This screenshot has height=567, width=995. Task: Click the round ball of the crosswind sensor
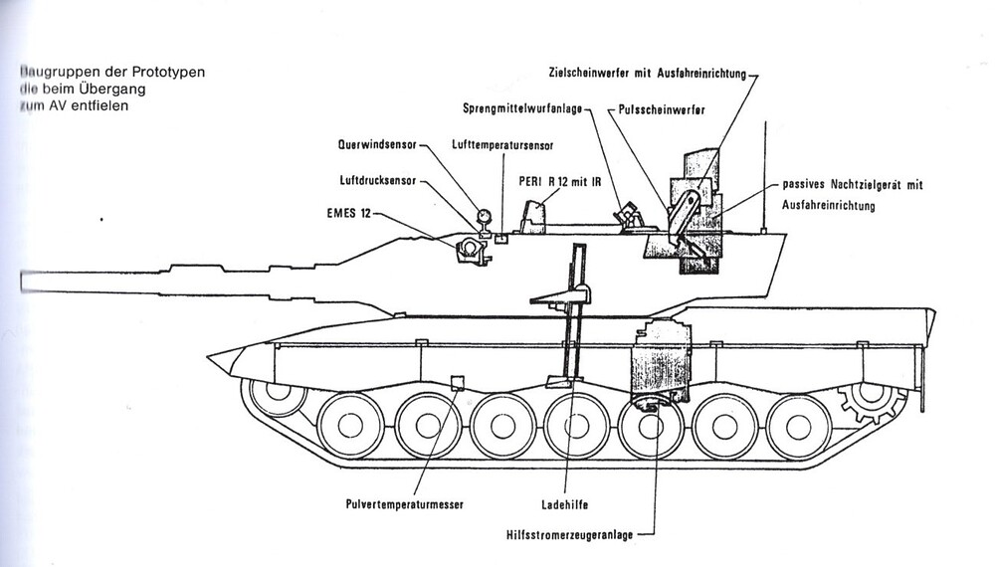[x=485, y=215]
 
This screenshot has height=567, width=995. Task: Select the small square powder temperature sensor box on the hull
[x=458, y=383]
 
